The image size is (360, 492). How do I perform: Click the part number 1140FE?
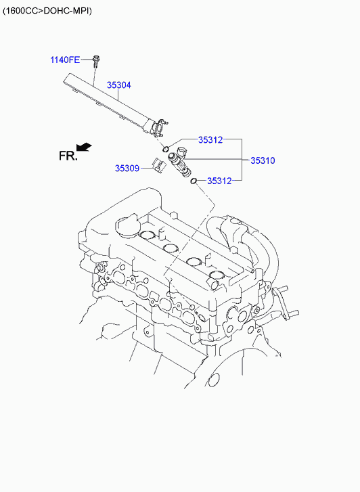(x=65, y=60)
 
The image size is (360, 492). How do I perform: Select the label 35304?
(x=118, y=85)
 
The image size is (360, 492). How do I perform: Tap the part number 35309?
(x=127, y=169)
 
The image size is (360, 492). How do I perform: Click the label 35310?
(x=263, y=160)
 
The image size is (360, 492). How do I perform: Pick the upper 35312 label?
(x=210, y=140)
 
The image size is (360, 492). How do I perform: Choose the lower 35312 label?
(x=219, y=181)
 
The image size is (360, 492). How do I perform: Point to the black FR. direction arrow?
(x=84, y=147)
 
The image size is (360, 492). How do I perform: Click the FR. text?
(x=68, y=156)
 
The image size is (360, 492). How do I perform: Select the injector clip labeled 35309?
(x=159, y=164)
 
